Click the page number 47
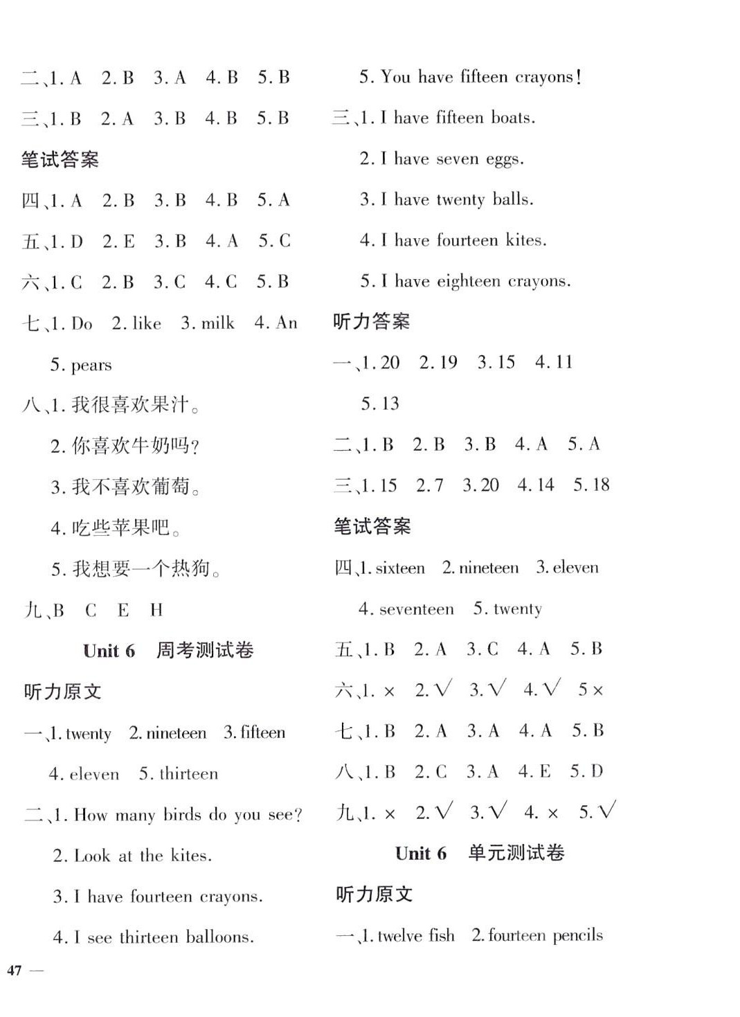(x=15, y=971)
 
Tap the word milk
(x=217, y=323)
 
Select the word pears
(x=91, y=365)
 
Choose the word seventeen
(x=417, y=609)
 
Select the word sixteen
(x=400, y=568)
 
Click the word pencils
(x=577, y=936)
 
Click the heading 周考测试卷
(x=205, y=650)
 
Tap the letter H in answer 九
(x=156, y=610)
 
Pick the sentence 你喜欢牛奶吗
(x=135, y=446)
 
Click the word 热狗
(x=191, y=569)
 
